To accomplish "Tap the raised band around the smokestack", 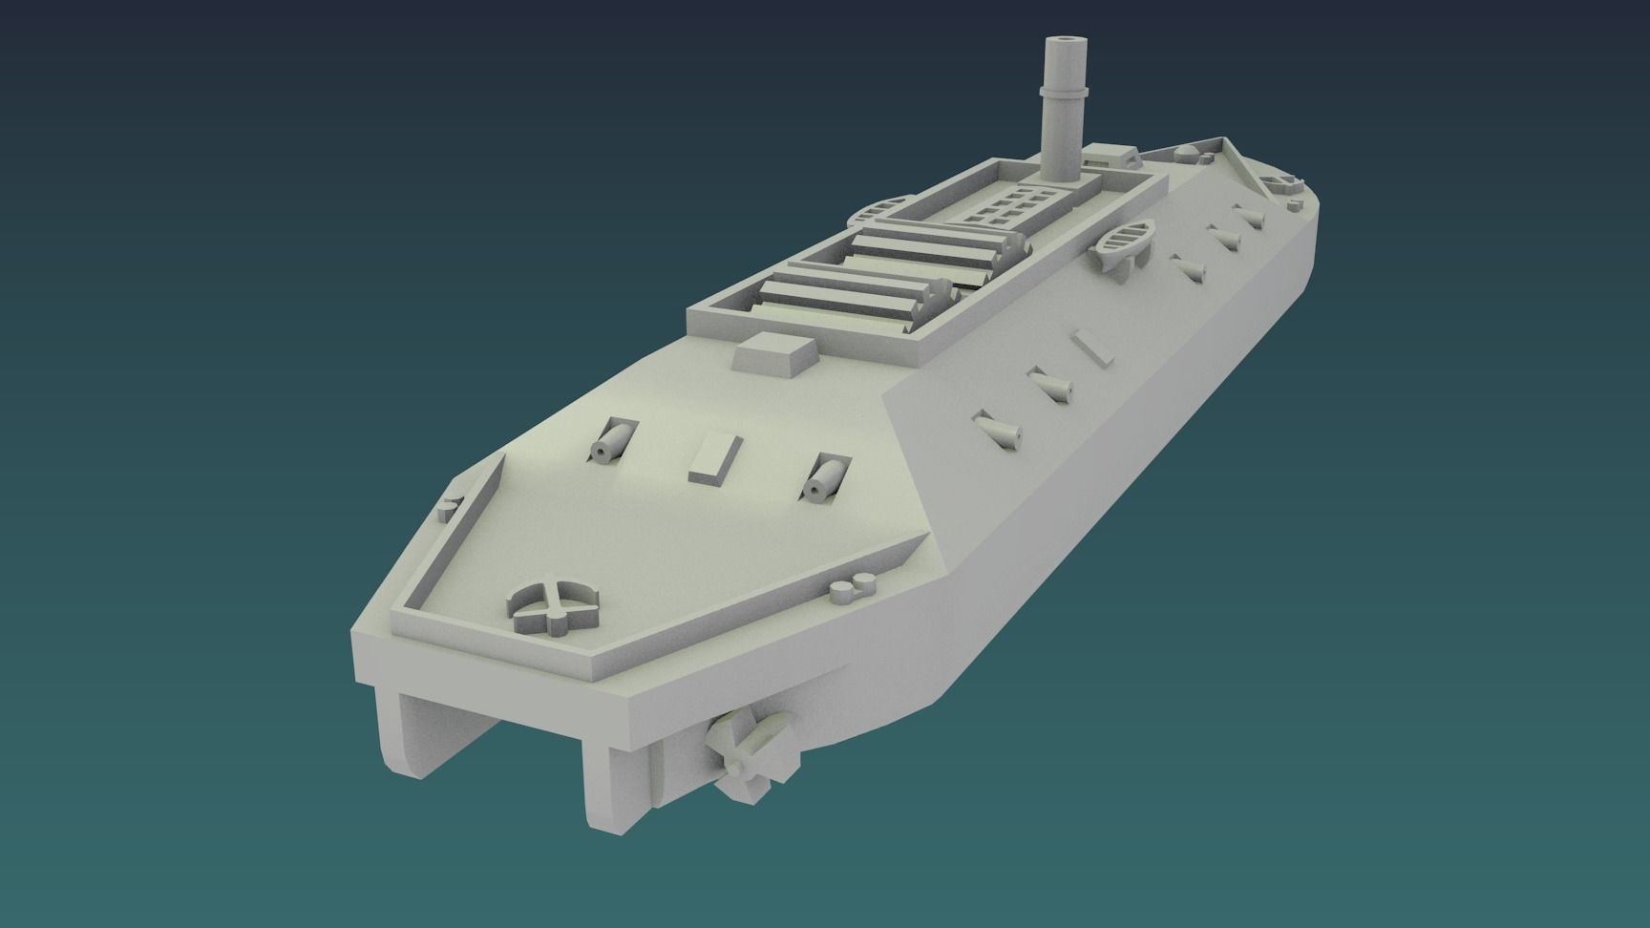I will [x=1063, y=91].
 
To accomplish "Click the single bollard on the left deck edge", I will [x=449, y=507].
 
